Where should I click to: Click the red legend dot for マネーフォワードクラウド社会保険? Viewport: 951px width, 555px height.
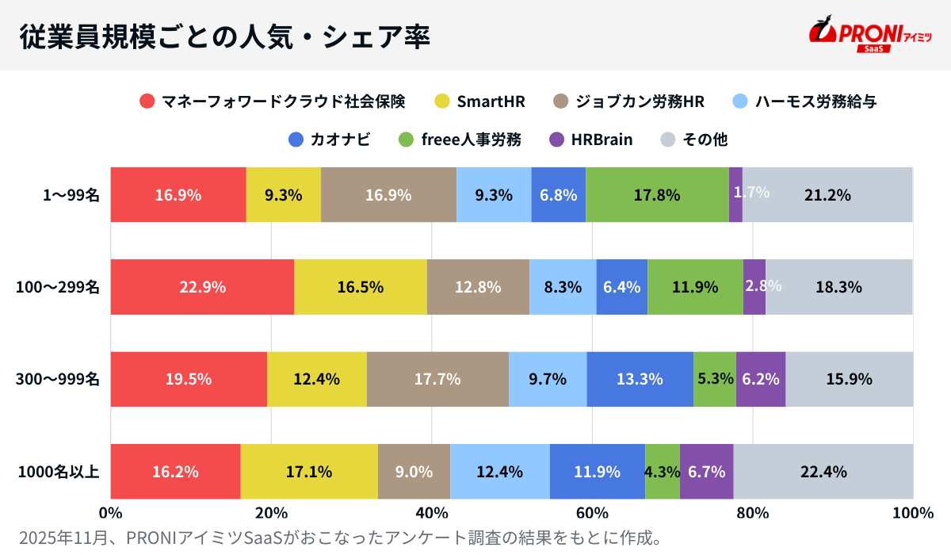[147, 101]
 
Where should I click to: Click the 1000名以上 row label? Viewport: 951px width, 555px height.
[59, 472]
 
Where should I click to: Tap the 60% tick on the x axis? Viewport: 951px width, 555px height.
[592, 513]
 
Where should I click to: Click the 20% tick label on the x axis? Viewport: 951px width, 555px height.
[271, 513]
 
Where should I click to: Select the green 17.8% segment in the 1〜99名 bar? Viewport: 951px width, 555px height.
[657, 195]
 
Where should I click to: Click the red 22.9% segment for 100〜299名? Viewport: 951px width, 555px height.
[202, 287]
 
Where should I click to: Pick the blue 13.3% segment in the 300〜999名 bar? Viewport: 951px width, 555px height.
[640, 379]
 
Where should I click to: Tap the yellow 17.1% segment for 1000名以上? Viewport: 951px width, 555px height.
[309, 472]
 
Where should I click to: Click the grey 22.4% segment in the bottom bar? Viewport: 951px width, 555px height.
[823, 472]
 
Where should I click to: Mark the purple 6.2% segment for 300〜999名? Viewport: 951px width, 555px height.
[761, 379]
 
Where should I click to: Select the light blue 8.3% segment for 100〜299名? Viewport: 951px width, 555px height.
[563, 287]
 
